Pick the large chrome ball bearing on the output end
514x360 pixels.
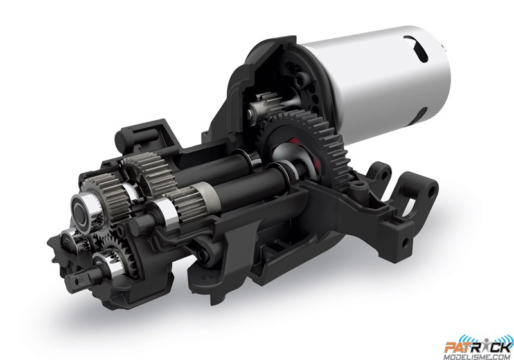pos(84,208)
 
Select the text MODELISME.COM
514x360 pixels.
pos(477,357)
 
